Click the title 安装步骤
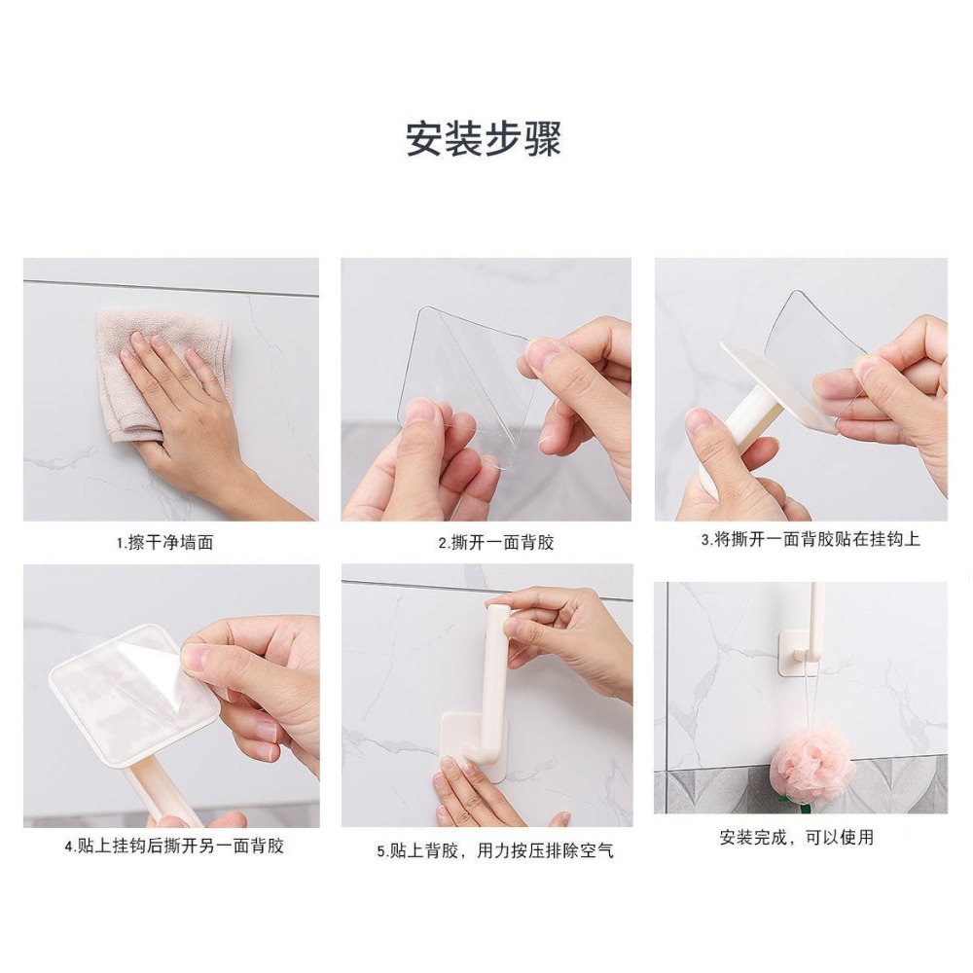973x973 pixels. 484,139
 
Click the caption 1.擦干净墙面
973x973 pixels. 164,543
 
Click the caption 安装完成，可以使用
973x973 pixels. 796,837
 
